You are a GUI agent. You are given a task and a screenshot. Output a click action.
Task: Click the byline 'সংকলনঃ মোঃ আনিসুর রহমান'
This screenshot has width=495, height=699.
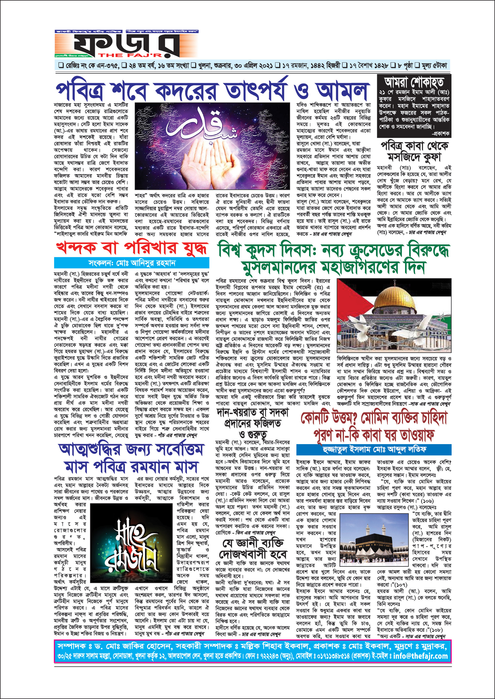coord(132,263)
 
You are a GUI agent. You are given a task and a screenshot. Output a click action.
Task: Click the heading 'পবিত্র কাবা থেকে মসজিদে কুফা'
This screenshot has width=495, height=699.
coord(414,151)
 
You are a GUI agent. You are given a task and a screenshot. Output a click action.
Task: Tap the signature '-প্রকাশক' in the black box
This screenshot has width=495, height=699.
coord(440,133)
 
